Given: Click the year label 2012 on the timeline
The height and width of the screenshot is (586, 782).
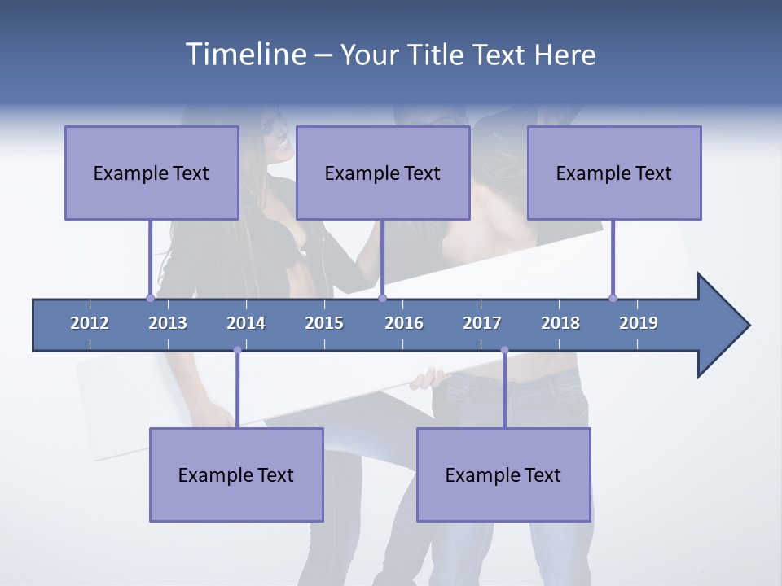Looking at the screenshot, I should click(x=90, y=323).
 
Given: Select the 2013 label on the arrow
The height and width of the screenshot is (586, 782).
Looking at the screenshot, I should click(x=168, y=323).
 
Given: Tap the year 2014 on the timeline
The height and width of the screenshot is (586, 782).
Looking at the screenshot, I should click(x=246, y=323).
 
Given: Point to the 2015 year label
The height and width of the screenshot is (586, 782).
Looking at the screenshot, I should click(x=324, y=323).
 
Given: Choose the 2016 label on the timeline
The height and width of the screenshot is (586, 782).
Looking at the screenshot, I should click(x=404, y=323).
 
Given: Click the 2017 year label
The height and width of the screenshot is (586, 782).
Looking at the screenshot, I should click(x=482, y=323).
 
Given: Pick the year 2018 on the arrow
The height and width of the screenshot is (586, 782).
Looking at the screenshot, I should click(x=560, y=323).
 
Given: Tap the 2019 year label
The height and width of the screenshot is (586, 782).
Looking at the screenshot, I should click(x=639, y=323).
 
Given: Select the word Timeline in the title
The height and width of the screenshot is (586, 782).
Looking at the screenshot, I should click(x=244, y=55).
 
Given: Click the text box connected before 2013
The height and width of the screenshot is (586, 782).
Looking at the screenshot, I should click(x=152, y=173).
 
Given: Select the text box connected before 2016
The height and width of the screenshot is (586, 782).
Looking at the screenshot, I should click(x=383, y=173).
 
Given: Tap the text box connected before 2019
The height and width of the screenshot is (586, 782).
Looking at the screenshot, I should click(x=614, y=173).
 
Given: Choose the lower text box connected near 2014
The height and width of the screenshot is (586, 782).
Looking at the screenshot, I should click(x=236, y=474).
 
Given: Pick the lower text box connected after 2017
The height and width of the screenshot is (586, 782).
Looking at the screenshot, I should click(x=503, y=474).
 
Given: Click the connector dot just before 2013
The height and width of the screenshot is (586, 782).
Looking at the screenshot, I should click(x=150, y=298).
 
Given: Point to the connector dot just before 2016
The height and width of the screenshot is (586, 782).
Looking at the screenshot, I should click(x=382, y=298).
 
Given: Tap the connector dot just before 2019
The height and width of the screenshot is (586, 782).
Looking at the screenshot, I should click(x=613, y=298).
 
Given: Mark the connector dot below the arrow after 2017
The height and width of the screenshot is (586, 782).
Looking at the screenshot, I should click(x=504, y=350).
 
